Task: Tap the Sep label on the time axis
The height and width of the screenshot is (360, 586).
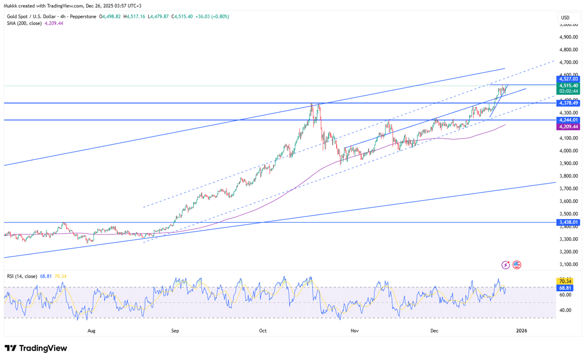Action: click(x=175, y=331)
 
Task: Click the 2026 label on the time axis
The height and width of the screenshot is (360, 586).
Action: click(x=522, y=331)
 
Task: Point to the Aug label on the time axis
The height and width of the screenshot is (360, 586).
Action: click(x=91, y=331)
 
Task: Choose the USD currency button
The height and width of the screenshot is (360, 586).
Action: click(x=565, y=18)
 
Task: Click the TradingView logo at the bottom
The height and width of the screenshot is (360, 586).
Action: click(x=36, y=348)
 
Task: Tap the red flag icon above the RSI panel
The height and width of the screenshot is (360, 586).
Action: click(x=517, y=265)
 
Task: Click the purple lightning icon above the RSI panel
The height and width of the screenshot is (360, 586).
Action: click(x=506, y=265)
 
